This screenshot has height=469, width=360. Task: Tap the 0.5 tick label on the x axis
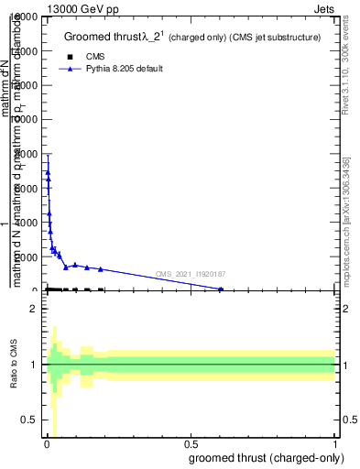(x=191, y=445)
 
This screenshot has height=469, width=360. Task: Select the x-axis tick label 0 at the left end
(x=47, y=445)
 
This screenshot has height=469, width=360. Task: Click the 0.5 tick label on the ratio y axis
(x=29, y=420)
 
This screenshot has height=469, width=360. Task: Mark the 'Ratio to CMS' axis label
(x=13, y=365)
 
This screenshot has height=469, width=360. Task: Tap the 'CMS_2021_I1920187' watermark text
(x=190, y=274)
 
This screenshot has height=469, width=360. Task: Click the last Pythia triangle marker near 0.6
(x=221, y=289)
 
